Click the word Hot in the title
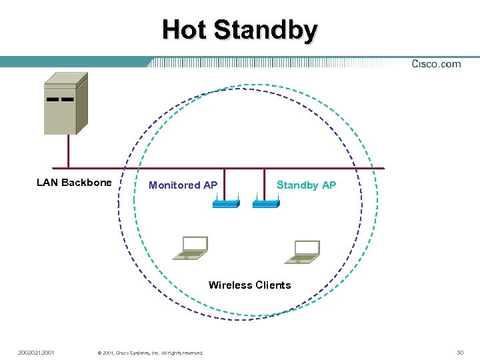point(185,30)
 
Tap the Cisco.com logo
point(436,64)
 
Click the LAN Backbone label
point(74,183)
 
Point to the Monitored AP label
point(183,185)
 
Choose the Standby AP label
point(306,185)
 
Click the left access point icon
point(225,203)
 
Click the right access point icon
point(265,203)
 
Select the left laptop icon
point(189,249)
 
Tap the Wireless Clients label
point(249,285)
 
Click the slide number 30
point(459,352)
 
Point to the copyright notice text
point(150,353)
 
